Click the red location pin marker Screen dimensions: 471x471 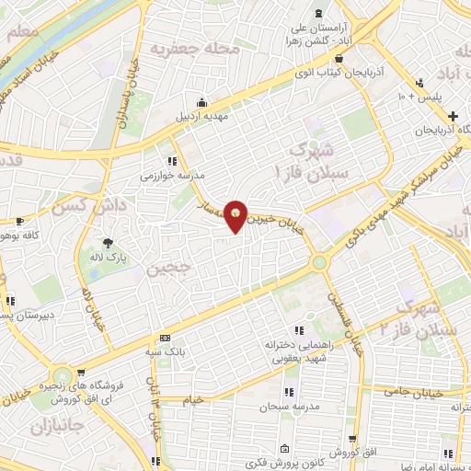click(236, 216)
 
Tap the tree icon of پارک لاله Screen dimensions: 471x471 click(109, 244)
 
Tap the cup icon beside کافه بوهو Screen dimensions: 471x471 click(19, 221)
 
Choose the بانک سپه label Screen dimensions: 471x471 click(167, 351)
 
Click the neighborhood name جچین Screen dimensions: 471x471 click(167, 268)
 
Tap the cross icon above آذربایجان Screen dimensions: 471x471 click(453, 116)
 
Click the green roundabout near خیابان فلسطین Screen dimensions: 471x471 click(319, 262)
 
